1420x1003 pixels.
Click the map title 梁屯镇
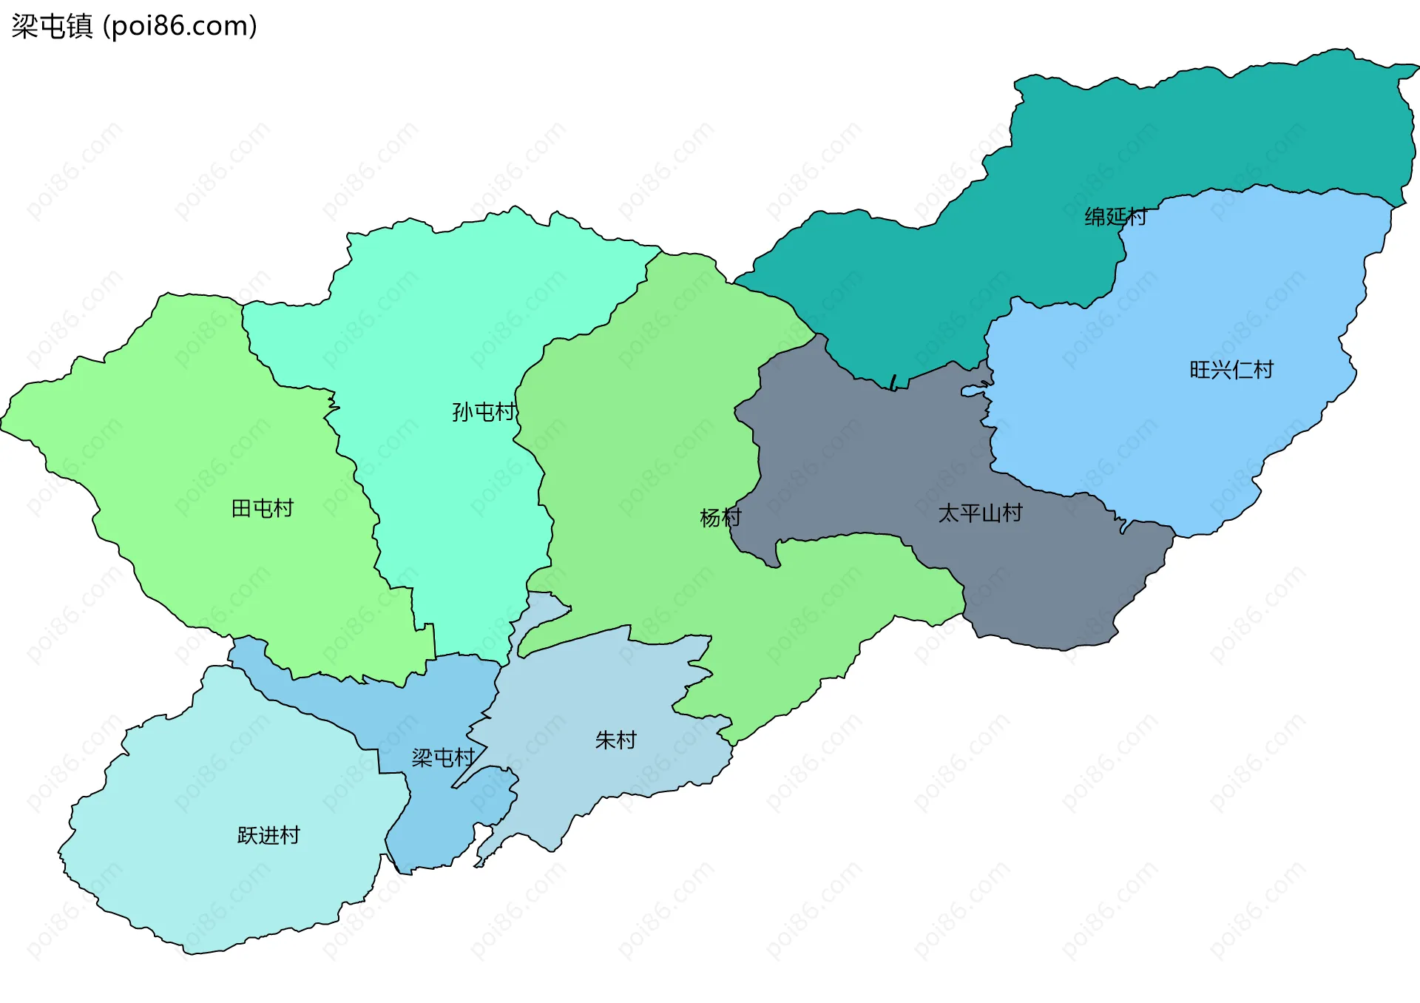52,27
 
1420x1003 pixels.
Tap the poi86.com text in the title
180,27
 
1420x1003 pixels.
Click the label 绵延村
1115,217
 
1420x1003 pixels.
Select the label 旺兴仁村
1231,370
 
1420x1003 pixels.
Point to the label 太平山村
980,513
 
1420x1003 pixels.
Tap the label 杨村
720,518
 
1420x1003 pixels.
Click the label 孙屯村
484,412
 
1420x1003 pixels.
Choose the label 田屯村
263,509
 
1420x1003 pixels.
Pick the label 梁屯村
442,758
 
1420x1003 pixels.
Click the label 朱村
615,740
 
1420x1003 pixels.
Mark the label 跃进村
268,836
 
